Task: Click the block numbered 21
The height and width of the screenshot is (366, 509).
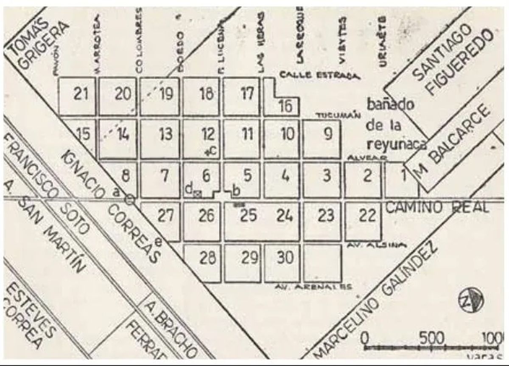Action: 80,94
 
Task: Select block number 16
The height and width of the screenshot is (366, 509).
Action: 286,106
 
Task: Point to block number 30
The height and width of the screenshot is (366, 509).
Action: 285,257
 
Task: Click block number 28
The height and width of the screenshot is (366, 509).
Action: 207,258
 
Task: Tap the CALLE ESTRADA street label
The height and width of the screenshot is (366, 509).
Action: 319,76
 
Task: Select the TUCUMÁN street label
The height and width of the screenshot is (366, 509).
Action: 338,115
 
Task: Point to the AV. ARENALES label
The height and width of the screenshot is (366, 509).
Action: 313,287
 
